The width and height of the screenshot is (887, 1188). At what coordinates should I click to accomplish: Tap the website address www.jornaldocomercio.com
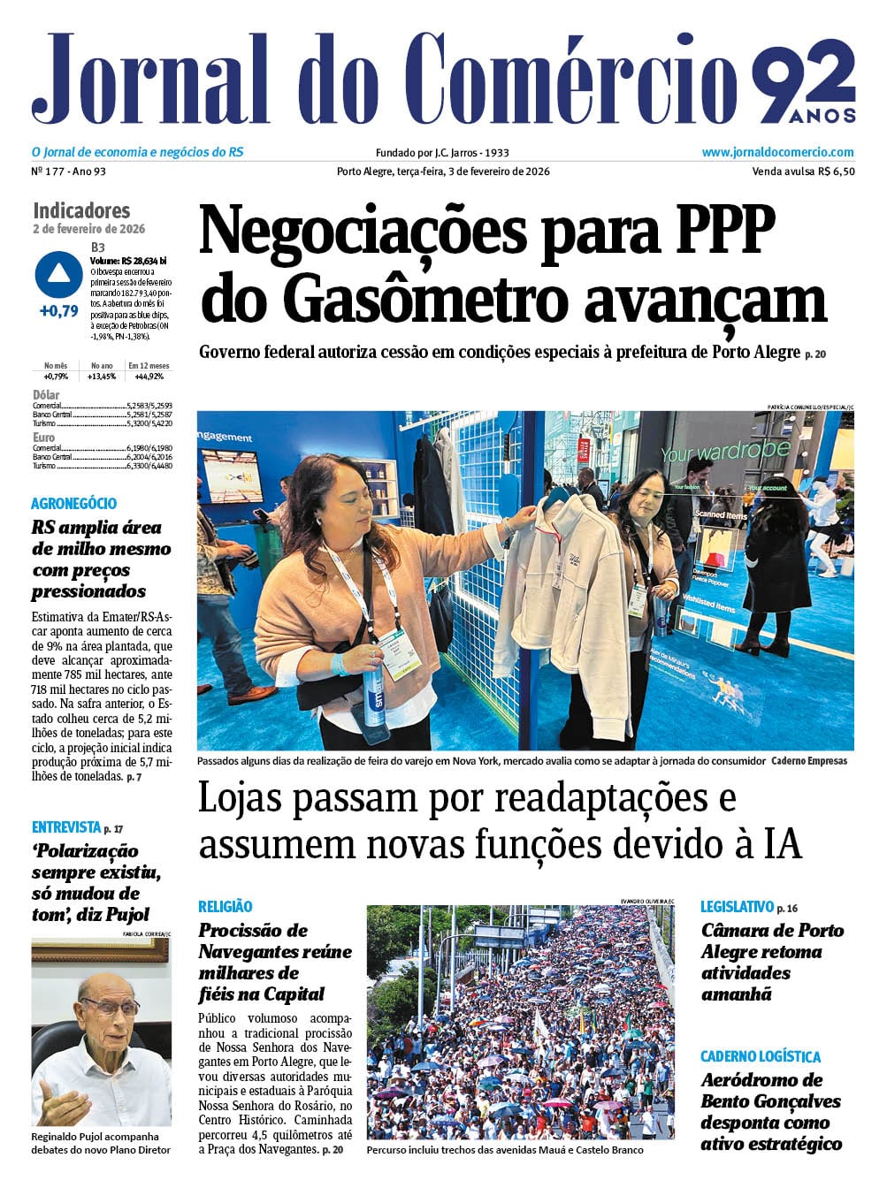point(777,152)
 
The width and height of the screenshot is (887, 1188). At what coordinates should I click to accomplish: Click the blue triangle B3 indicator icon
point(59,274)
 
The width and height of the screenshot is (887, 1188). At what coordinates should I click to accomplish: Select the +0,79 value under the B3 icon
point(59,311)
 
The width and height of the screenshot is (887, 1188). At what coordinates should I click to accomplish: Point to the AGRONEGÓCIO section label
point(73,504)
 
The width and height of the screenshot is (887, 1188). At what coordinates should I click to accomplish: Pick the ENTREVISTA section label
point(66,827)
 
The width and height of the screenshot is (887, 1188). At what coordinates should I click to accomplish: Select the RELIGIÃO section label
point(225,906)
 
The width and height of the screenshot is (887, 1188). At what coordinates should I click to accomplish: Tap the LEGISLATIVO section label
point(737,906)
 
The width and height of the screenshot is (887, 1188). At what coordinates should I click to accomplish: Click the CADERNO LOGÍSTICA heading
point(760,1056)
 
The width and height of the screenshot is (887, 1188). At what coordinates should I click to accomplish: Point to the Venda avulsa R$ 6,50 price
point(803,171)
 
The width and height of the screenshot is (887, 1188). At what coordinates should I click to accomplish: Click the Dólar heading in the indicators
point(46,395)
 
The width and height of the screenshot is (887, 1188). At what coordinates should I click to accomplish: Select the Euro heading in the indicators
point(43,438)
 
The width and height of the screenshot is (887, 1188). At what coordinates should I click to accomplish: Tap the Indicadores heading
point(81,210)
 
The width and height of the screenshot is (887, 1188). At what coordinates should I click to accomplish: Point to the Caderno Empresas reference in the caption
point(808,761)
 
